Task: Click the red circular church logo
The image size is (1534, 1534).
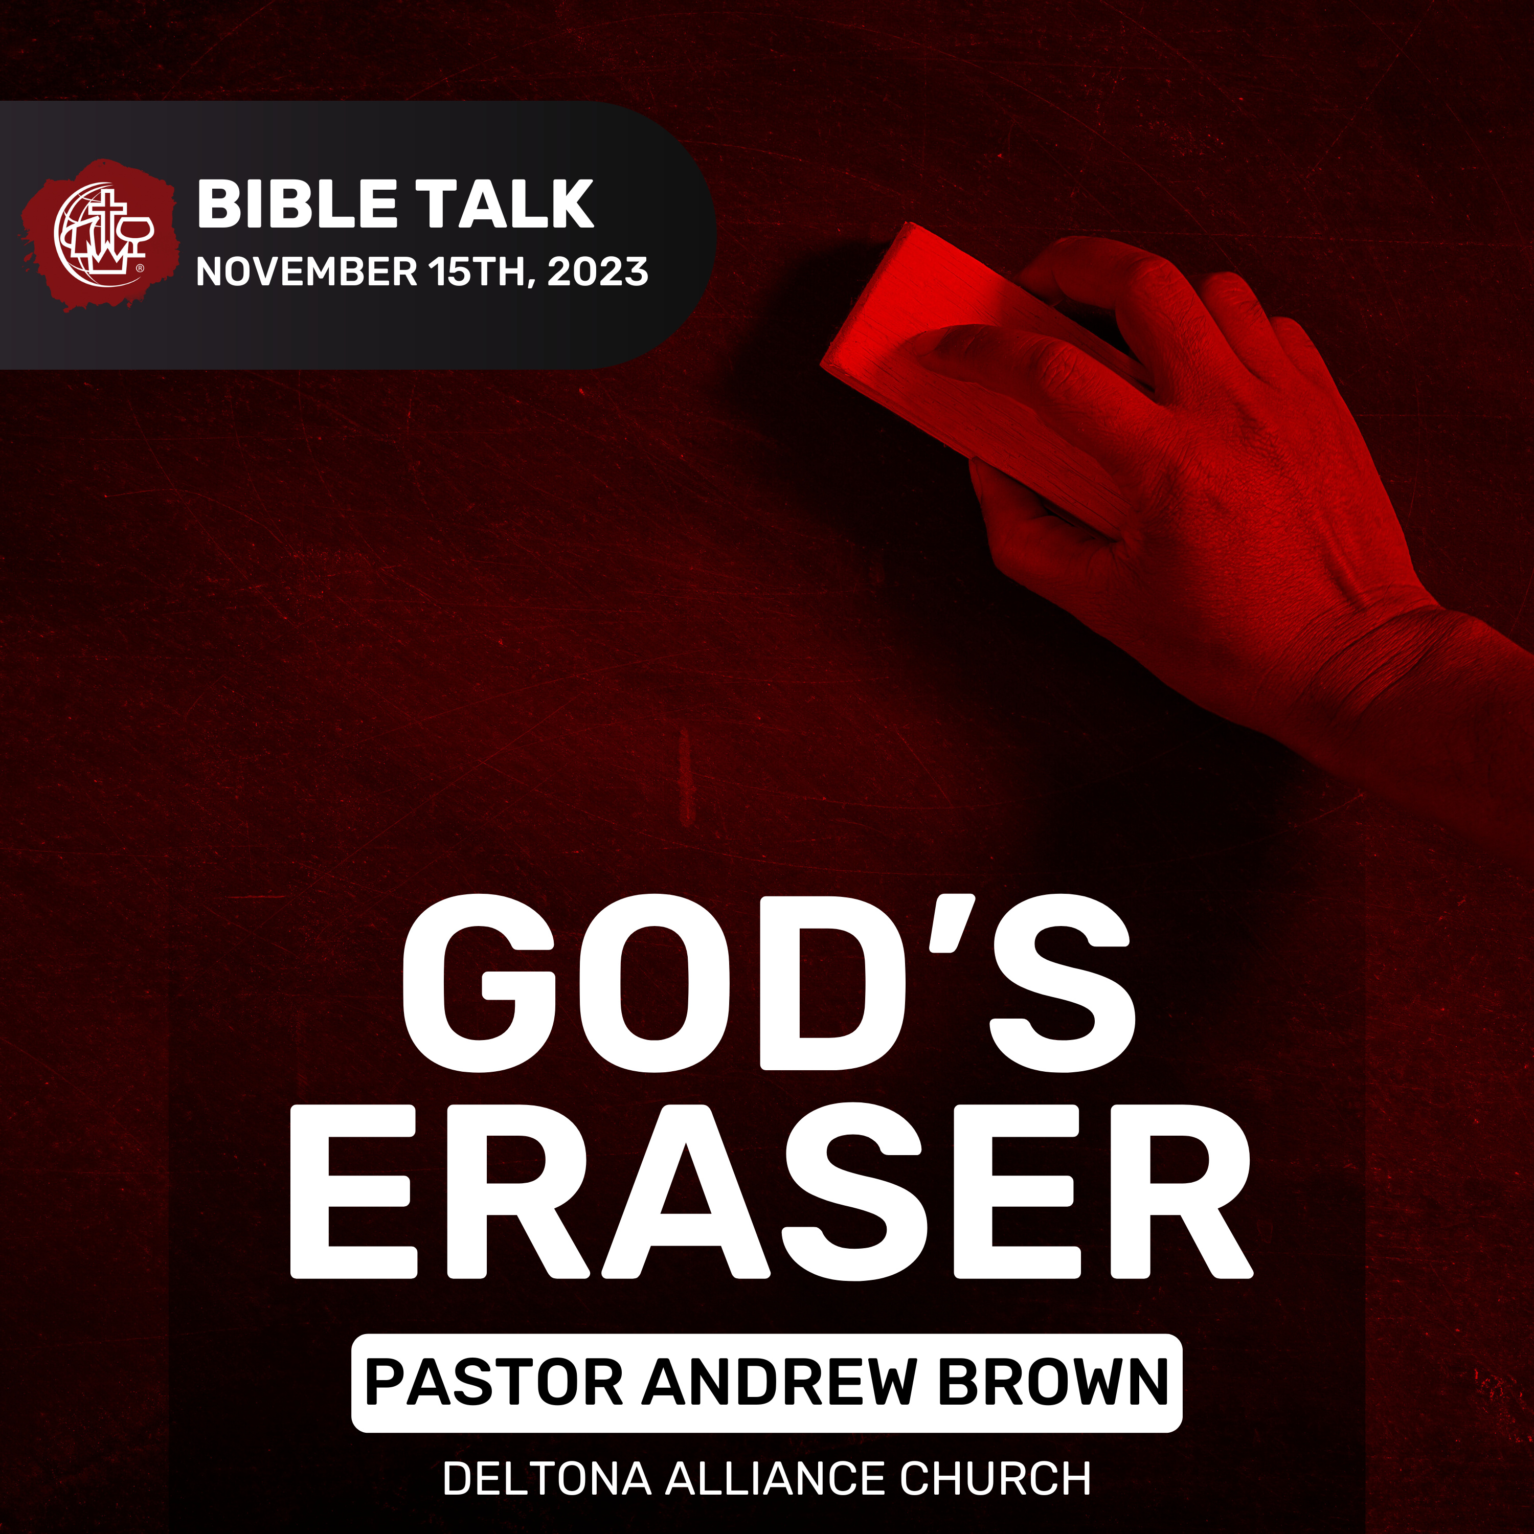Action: tap(99, 234)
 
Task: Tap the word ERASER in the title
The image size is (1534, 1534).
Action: tap(770, 1192)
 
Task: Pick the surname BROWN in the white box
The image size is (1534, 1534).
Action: tap(1053, 1382)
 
